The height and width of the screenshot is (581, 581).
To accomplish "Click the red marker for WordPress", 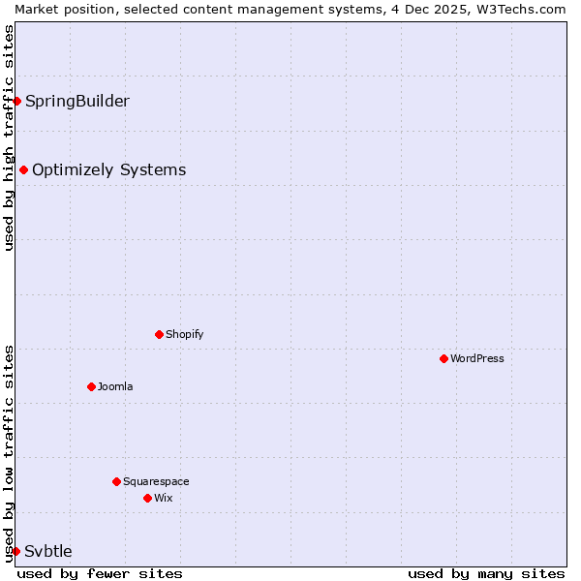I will [x=443, y=358].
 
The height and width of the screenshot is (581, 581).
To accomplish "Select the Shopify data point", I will [x=159, y=334].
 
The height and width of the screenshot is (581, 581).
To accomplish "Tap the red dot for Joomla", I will [x=91, y=386].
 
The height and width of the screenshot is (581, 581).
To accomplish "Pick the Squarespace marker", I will [x=116, y=481].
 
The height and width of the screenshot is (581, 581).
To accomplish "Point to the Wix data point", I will [x=147, y=498].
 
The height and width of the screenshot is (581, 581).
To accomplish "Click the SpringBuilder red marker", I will [x=16, y=101].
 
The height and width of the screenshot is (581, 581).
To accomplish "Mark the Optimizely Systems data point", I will [x=23, y=170].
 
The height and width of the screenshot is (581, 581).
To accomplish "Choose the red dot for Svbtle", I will [x=15, y=551].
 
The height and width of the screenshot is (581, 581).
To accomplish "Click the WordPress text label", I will [x=477, y=358].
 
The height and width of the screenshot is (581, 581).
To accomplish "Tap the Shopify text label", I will [x=185, y=334].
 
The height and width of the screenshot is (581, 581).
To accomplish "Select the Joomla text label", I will [x=115, y=386].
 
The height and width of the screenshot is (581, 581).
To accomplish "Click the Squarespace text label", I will [x=156, y=481].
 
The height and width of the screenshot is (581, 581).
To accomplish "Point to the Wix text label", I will [x=164, y=498].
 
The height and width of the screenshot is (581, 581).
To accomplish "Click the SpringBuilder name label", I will [x=77, y=101].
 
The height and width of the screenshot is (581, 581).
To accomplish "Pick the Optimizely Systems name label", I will [x=109, y=170].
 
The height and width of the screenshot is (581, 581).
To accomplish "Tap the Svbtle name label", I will [x=48, y=551].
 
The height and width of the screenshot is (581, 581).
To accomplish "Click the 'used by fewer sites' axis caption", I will [x=100, y=573].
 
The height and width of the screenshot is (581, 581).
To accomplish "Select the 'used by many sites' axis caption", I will [x=486, y=573].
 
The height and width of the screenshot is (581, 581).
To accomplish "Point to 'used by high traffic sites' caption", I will [x=9, y=138].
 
